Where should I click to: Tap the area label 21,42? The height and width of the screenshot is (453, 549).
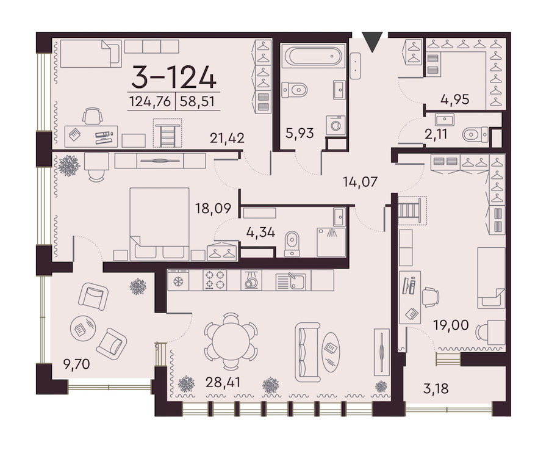227,138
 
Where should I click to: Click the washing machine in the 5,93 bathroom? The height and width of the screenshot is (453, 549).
335,125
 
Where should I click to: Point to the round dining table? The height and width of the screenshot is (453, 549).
231,340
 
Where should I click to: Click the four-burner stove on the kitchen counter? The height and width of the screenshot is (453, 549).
215,280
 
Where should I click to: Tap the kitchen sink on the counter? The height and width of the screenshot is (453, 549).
291,281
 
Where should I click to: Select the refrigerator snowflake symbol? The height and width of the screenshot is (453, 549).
178,281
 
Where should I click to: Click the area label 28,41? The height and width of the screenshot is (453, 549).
223,382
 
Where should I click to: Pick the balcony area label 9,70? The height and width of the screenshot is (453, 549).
77,364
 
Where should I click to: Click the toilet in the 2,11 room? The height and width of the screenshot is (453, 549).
475,134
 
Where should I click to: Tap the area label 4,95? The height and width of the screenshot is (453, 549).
455,100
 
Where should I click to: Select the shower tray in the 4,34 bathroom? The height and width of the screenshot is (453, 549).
331,242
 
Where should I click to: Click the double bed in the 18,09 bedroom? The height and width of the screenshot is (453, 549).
159,224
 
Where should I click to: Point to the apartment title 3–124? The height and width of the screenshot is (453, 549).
174,77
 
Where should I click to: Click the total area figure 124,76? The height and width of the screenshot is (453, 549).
150,101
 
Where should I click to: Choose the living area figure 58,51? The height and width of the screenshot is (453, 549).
197,101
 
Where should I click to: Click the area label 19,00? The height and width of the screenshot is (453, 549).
451,325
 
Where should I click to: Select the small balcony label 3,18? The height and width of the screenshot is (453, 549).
436,388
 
